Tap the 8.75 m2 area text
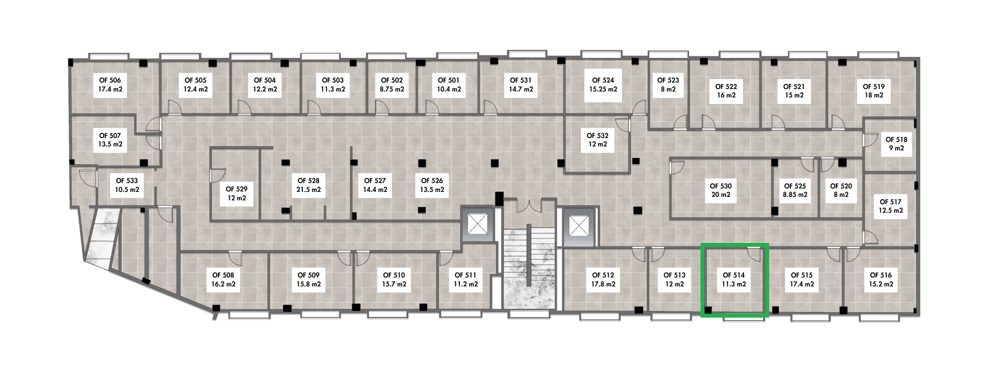click(x=392, y=90)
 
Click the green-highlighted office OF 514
click(x=735, y=280)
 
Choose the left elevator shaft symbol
click(x=478, y=226)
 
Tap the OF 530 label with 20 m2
click(x=721, y=190)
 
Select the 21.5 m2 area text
click(x=308, y=189)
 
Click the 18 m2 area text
click(x=873, y=95)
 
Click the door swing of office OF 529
click(x=218, y=174)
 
